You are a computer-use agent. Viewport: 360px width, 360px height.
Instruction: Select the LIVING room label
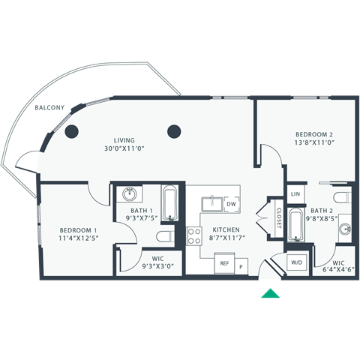(124, 140)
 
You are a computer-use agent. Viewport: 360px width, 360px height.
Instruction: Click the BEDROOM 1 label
(79, 229)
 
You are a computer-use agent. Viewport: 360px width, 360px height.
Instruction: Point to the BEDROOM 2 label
(313, 133)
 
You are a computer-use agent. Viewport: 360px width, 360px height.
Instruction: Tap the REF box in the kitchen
(223, 264)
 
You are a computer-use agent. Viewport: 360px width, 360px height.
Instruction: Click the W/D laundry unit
(296, 262)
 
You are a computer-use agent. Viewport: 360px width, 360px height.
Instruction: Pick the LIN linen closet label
(295, 194)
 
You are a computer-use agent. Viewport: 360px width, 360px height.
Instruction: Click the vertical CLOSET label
(278, 217)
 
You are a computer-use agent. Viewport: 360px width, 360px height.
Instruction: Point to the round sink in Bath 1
(128, 193)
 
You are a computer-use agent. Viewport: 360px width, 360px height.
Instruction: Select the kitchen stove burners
(194, 237)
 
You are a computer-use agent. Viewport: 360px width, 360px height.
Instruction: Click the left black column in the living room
(72, 132)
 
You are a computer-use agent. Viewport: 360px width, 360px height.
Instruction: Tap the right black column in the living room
(174, 131)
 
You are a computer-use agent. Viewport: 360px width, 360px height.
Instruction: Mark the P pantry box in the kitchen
(241, 266)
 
